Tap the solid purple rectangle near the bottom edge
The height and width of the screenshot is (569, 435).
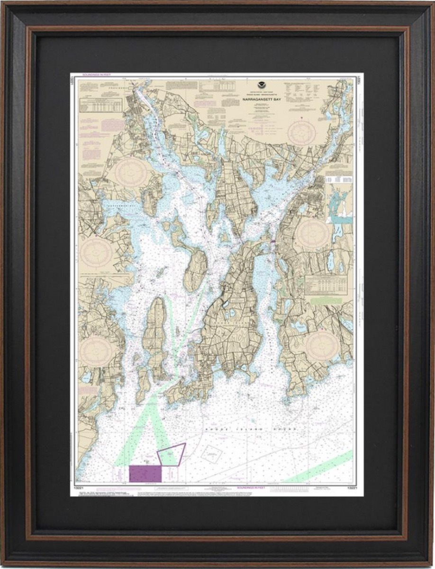coord(145,473)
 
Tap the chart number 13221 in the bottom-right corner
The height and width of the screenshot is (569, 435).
coord(351,487)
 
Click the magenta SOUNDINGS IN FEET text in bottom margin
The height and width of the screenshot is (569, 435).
coord(250,487)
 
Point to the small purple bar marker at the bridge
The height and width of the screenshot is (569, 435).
coord(273,242)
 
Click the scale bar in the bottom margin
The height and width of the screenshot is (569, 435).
coord(284,488)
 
